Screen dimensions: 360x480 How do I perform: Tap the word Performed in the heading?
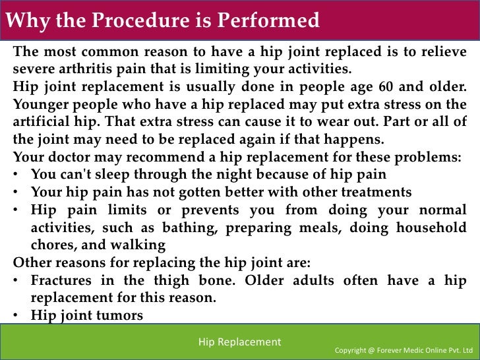click(x=270, y=20)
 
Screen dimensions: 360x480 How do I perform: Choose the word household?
click(x=432, y=227)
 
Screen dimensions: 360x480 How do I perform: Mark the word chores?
click(x=52, y=244)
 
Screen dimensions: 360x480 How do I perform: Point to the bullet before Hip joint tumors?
click(x=16, y=315)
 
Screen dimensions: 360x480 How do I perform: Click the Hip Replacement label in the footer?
click(x=239, y=342)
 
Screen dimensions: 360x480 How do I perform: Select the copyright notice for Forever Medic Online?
click(x=404, y=349)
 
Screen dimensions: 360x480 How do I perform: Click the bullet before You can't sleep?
click(x=16, y=175)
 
